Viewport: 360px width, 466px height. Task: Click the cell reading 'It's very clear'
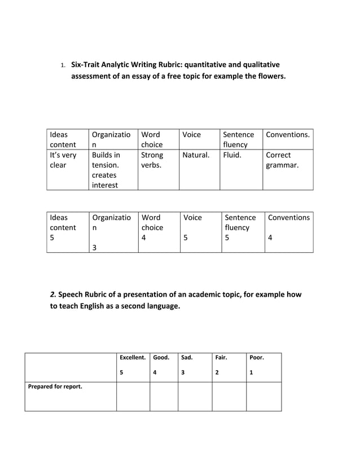(63, 160)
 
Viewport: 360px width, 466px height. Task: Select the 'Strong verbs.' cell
(152, 160)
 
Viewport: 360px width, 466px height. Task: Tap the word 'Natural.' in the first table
(196, 155)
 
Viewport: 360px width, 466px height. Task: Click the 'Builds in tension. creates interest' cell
(106, 170)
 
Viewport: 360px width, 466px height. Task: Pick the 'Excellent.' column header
(133, 358)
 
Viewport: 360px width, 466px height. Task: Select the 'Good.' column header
(161, 358)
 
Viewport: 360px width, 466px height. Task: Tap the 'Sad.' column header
(187, 358)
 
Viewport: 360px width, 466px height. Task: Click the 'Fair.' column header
(221, 358)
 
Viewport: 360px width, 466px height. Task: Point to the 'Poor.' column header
(257, 358)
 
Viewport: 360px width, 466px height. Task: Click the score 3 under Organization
(94, 247)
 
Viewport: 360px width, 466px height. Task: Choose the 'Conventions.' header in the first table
(288, 135)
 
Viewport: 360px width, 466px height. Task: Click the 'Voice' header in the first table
(192, 135)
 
